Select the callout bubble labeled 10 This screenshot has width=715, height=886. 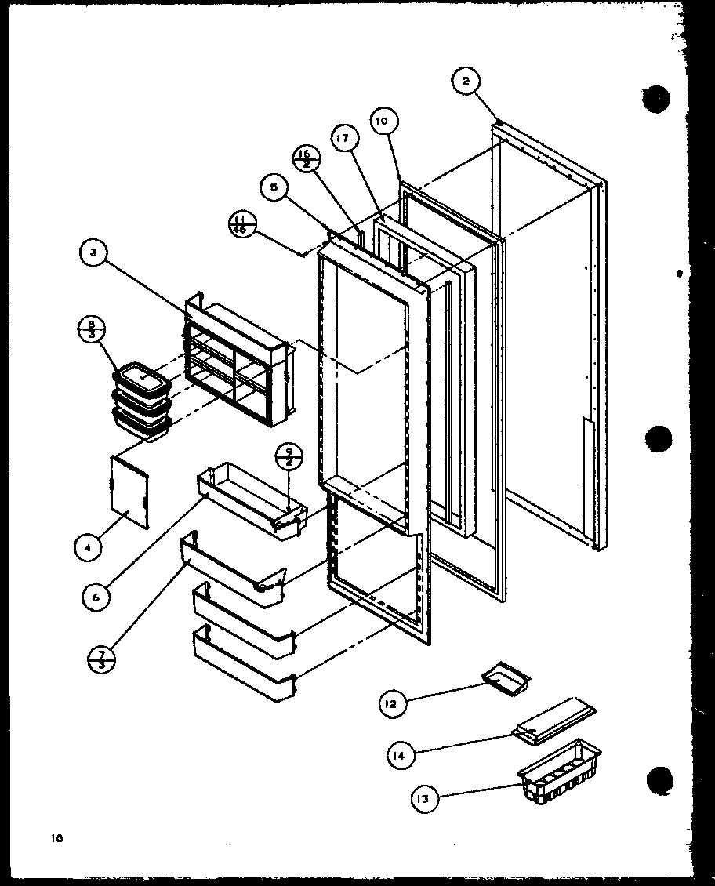[x=382, y=122]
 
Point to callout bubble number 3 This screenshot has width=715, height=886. [x=94, y=253]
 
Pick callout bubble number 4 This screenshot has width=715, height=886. [x=88, y=546]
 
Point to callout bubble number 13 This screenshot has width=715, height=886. [x=424, y=799]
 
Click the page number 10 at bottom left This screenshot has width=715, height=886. [x=57, y=838]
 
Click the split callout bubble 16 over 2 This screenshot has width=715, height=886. [x=305, y=158]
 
